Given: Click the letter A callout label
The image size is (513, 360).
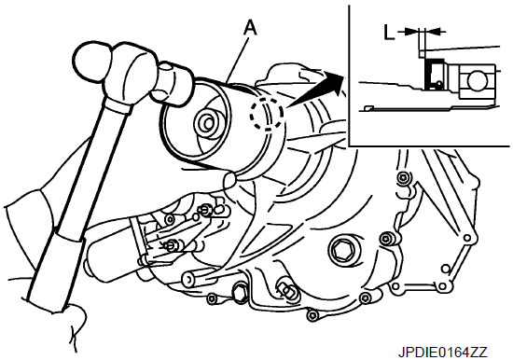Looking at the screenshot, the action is (x=250, y=27).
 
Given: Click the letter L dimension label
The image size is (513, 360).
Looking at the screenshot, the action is (x=388, y=33).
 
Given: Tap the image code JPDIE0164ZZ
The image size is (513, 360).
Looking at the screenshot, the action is (x=443, y=353).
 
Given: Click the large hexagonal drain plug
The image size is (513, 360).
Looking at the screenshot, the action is (x=343, y=251).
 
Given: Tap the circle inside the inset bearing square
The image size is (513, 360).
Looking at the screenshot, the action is (x=477, y=81).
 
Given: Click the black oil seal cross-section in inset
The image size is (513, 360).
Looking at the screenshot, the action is (x=428, y=76).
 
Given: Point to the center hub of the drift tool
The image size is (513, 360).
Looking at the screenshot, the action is (x=208, y=124).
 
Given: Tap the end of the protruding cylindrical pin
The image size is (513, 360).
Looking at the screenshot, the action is (x=189, y=278).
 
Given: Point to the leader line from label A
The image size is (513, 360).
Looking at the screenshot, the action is (x=238, y=59).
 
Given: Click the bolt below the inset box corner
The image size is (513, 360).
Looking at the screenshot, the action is (x=403, y=178).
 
